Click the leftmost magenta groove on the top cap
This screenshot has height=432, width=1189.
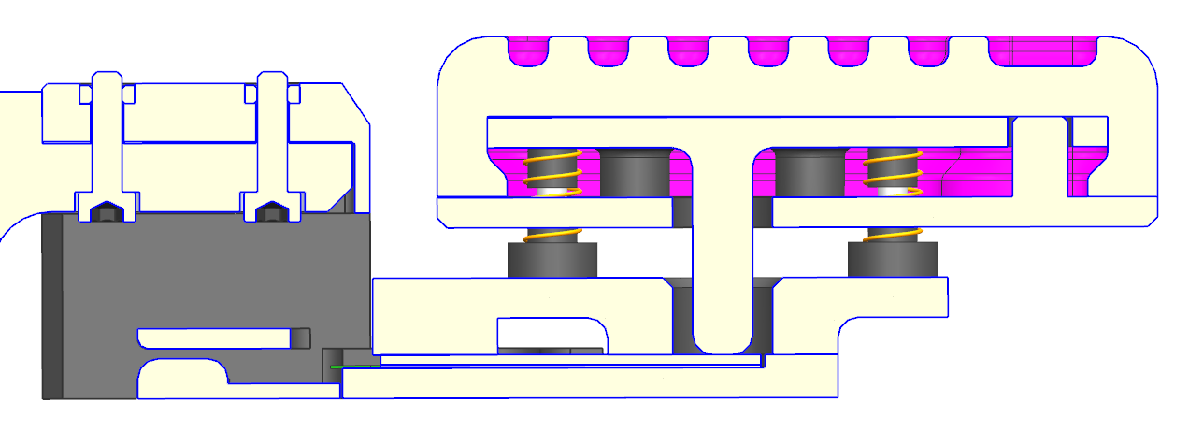pyautogui.click(x=529, y=50)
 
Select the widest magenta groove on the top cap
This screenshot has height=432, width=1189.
pyautogui.click(x=1042, y=50)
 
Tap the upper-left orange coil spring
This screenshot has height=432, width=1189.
pyautogui.click(x=552, y=172)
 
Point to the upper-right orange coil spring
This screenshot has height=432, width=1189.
pyautogui.click(x=893, y=172)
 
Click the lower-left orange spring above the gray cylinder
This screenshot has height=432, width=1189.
pyautogui.click(x=552, y=235)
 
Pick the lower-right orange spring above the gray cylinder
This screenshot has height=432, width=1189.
pyautogui.click(x=893, y=235)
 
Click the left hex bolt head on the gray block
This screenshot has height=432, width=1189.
pyautogui.click(x=107, y=213)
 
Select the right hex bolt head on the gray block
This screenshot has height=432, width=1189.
pyautogui.click(x=271, y=213)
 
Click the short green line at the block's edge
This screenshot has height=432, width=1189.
pyautogui.click(x=355, y=367)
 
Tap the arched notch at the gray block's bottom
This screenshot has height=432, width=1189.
pyautogui.click(x=183, y=379)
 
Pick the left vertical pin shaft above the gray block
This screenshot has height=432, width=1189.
pyautogui.click(x=107, y=140)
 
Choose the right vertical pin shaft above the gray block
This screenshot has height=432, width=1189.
pyautogui.click(x=271, y=140)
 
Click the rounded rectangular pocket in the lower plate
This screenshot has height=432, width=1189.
pyautogui.click(x=552, y=335)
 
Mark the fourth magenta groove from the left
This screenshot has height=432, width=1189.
pyautogui.click(x=769, y=50)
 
